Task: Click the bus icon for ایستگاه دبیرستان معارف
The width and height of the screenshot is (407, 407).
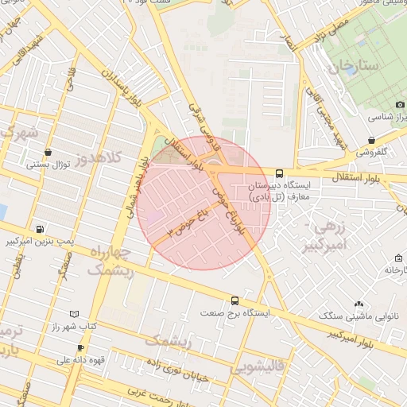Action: [x=279, y=172]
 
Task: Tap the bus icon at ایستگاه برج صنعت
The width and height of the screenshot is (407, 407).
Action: [x=234, y=300]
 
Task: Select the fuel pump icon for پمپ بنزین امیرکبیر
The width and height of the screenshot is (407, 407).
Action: [x=40, y=228]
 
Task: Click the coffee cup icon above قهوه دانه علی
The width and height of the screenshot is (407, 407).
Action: [x=79, y=347]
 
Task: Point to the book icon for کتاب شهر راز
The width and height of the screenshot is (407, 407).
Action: [x=75, y=314]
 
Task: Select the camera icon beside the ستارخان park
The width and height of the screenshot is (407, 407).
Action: [x=398, y=105]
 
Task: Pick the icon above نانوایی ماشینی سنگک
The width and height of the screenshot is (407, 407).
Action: [x=359, y=303]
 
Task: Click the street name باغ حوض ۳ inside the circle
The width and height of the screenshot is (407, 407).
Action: [x=188, y=219]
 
